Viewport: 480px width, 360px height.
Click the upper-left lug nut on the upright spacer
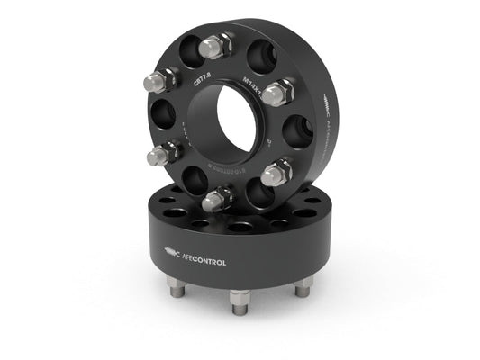[x=155, y=82]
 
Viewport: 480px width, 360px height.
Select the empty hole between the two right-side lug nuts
[x=296, y=133]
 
